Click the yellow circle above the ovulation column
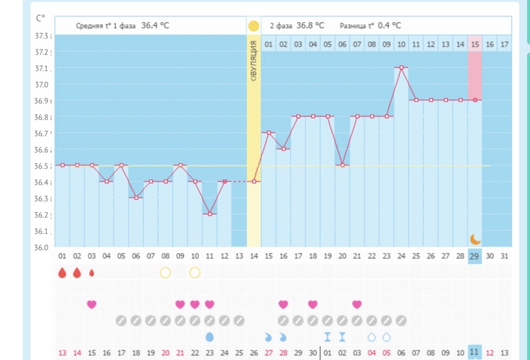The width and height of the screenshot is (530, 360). pyautogui.click(x=253, y=26)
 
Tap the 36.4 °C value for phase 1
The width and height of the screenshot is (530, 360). pyautogui.click(x=155, y=25)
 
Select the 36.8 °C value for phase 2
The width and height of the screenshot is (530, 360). pyautogui.click(x=310, y=25)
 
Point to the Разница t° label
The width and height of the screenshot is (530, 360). pyautogui.click(x=357, y=25)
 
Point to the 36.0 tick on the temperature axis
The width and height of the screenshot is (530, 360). pyautogui.click(x=43, y=247)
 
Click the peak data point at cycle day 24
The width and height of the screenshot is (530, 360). pyautogui.click(x=401, y=67)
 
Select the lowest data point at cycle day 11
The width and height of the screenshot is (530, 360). pyautogui.click(x=209, y=214)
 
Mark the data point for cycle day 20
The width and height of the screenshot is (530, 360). pyautogui.click(x=342, y=165)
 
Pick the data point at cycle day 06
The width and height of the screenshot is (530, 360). pyautogui.click(x=136, y=198)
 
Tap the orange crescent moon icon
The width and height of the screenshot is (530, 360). pyautogui.click(x=475, y=239)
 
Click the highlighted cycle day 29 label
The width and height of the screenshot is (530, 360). pyautogui.click(x=475, y=256)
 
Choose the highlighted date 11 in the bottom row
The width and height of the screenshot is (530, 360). pyautogui.click(x=475, y=352)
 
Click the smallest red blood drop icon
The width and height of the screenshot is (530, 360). pyautogui.click(x=92, y=273)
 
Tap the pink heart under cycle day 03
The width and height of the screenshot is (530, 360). pyautogui.click(x=92, y=304)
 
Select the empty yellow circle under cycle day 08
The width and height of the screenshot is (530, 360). pyautogui.click(x=165, y=273)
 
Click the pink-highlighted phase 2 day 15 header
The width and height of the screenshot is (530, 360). pyautogui.click(x=475, y=44)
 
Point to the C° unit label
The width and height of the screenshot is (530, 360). pyautogui.click(x=40, y=19)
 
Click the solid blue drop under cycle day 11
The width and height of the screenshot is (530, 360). pyautogui.click(x=209, y=337)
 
